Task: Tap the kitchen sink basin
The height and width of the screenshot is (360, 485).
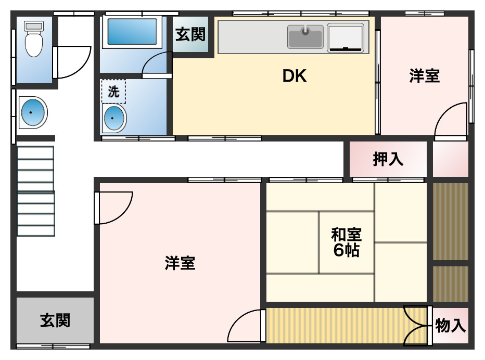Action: pos(305,37)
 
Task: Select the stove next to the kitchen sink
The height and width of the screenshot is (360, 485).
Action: pos(346,37)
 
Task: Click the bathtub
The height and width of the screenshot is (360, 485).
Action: pos(132,32)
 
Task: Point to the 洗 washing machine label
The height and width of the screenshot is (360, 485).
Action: pos(113,92)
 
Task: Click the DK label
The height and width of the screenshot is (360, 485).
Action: pos(295,76)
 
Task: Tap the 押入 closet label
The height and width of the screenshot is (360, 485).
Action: pos(388,160)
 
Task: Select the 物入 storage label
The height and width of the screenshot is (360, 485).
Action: pos(450,326)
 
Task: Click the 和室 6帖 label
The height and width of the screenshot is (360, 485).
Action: pos(346,242)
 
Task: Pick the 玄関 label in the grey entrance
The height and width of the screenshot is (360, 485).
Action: pos(55,320)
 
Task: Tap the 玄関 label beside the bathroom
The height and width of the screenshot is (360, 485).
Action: pos(190,35)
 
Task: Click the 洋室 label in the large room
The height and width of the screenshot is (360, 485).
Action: pos(180,263)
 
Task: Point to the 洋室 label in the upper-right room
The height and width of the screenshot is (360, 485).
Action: pos(424,76)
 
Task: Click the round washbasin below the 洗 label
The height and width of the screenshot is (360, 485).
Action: pos(114,118)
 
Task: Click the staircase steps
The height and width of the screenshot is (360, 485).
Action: pos(35,191)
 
